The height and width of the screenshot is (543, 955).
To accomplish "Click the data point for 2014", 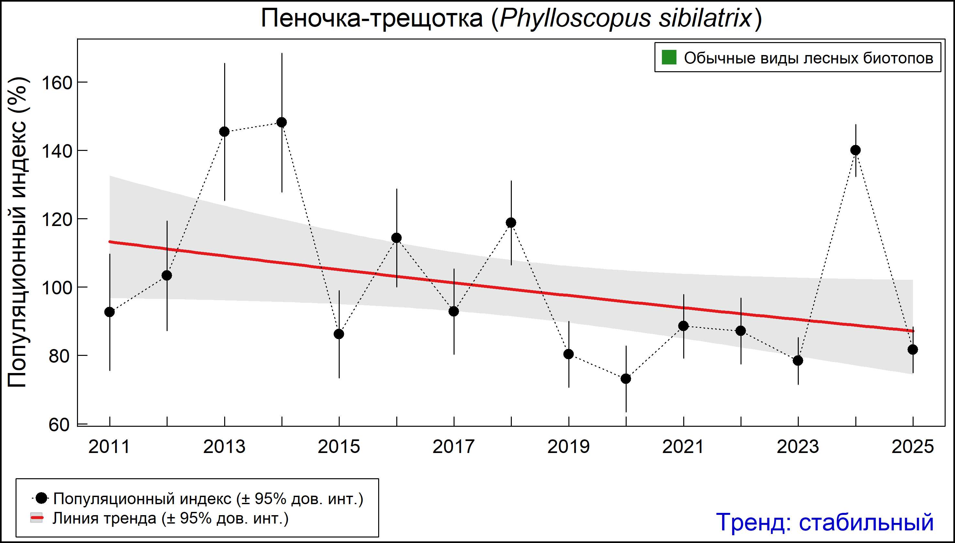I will (282, 122).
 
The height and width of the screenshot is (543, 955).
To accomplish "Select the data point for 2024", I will (855, 150).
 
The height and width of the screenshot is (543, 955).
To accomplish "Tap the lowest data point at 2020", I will (626, 379).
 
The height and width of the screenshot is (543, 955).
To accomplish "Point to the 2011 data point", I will (110, 312).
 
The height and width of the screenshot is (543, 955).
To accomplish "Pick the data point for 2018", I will (511, 223).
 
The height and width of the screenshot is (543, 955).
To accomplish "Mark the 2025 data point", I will (913, 349).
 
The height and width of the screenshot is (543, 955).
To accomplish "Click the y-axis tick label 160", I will (56, 83).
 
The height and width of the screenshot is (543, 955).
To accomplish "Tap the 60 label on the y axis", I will (59, 425).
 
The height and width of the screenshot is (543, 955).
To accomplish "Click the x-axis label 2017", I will (454, 447).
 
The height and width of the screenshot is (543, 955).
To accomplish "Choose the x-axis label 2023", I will (798, 447).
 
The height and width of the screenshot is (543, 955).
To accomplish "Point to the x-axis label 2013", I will (224, 447).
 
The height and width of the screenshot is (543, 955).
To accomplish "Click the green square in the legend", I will (669, 57).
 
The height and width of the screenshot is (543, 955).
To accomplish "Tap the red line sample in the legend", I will (37, 518).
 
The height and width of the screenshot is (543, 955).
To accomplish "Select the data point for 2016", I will (396, 238).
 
